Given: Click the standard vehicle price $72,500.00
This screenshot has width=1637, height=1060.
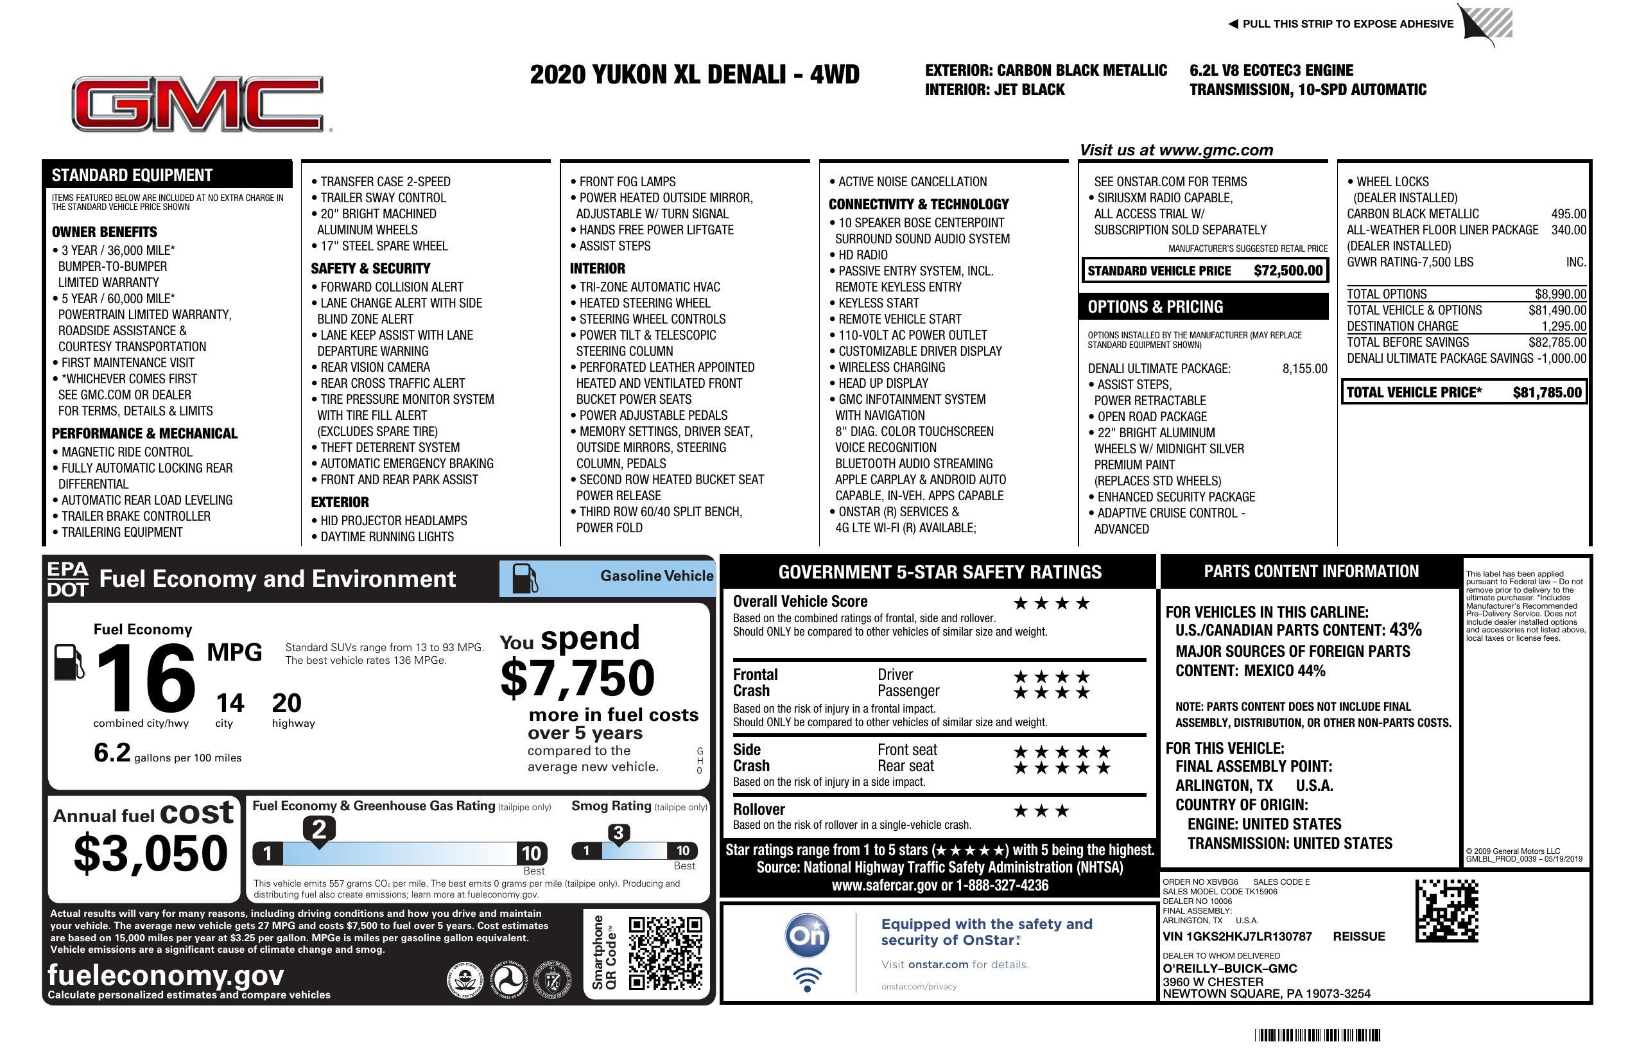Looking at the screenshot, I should click(1288, 271).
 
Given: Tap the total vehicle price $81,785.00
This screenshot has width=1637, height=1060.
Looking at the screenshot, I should click(1547, 393).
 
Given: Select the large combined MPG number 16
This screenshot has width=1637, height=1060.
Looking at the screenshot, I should click(146, 678).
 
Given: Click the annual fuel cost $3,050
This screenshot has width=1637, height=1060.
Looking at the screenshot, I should click(151, 853).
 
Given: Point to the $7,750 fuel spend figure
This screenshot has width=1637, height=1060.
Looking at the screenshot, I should click(577, 678).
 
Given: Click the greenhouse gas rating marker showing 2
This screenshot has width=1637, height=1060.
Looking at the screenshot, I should click(319, 830).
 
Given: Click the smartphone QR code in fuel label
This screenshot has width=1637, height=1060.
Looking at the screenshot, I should click(665, 953).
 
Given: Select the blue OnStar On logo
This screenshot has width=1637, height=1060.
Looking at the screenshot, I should click(808, 935).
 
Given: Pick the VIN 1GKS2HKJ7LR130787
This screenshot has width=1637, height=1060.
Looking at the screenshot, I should click(1236, 936).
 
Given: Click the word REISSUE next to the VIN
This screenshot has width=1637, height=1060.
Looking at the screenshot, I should click(1358, 936).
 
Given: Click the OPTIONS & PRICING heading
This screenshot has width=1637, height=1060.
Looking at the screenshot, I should click(1155, 307).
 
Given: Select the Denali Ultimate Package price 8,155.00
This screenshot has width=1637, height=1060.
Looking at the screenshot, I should click(1304, 369).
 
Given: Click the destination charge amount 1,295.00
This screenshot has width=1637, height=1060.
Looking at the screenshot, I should click(1563, 327).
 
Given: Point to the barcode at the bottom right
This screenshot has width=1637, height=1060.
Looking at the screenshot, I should click(1317, 1035).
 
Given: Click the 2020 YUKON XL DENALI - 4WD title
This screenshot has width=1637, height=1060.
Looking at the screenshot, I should click(694, 75).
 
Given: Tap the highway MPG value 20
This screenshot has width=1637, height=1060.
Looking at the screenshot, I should click(286, 703).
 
